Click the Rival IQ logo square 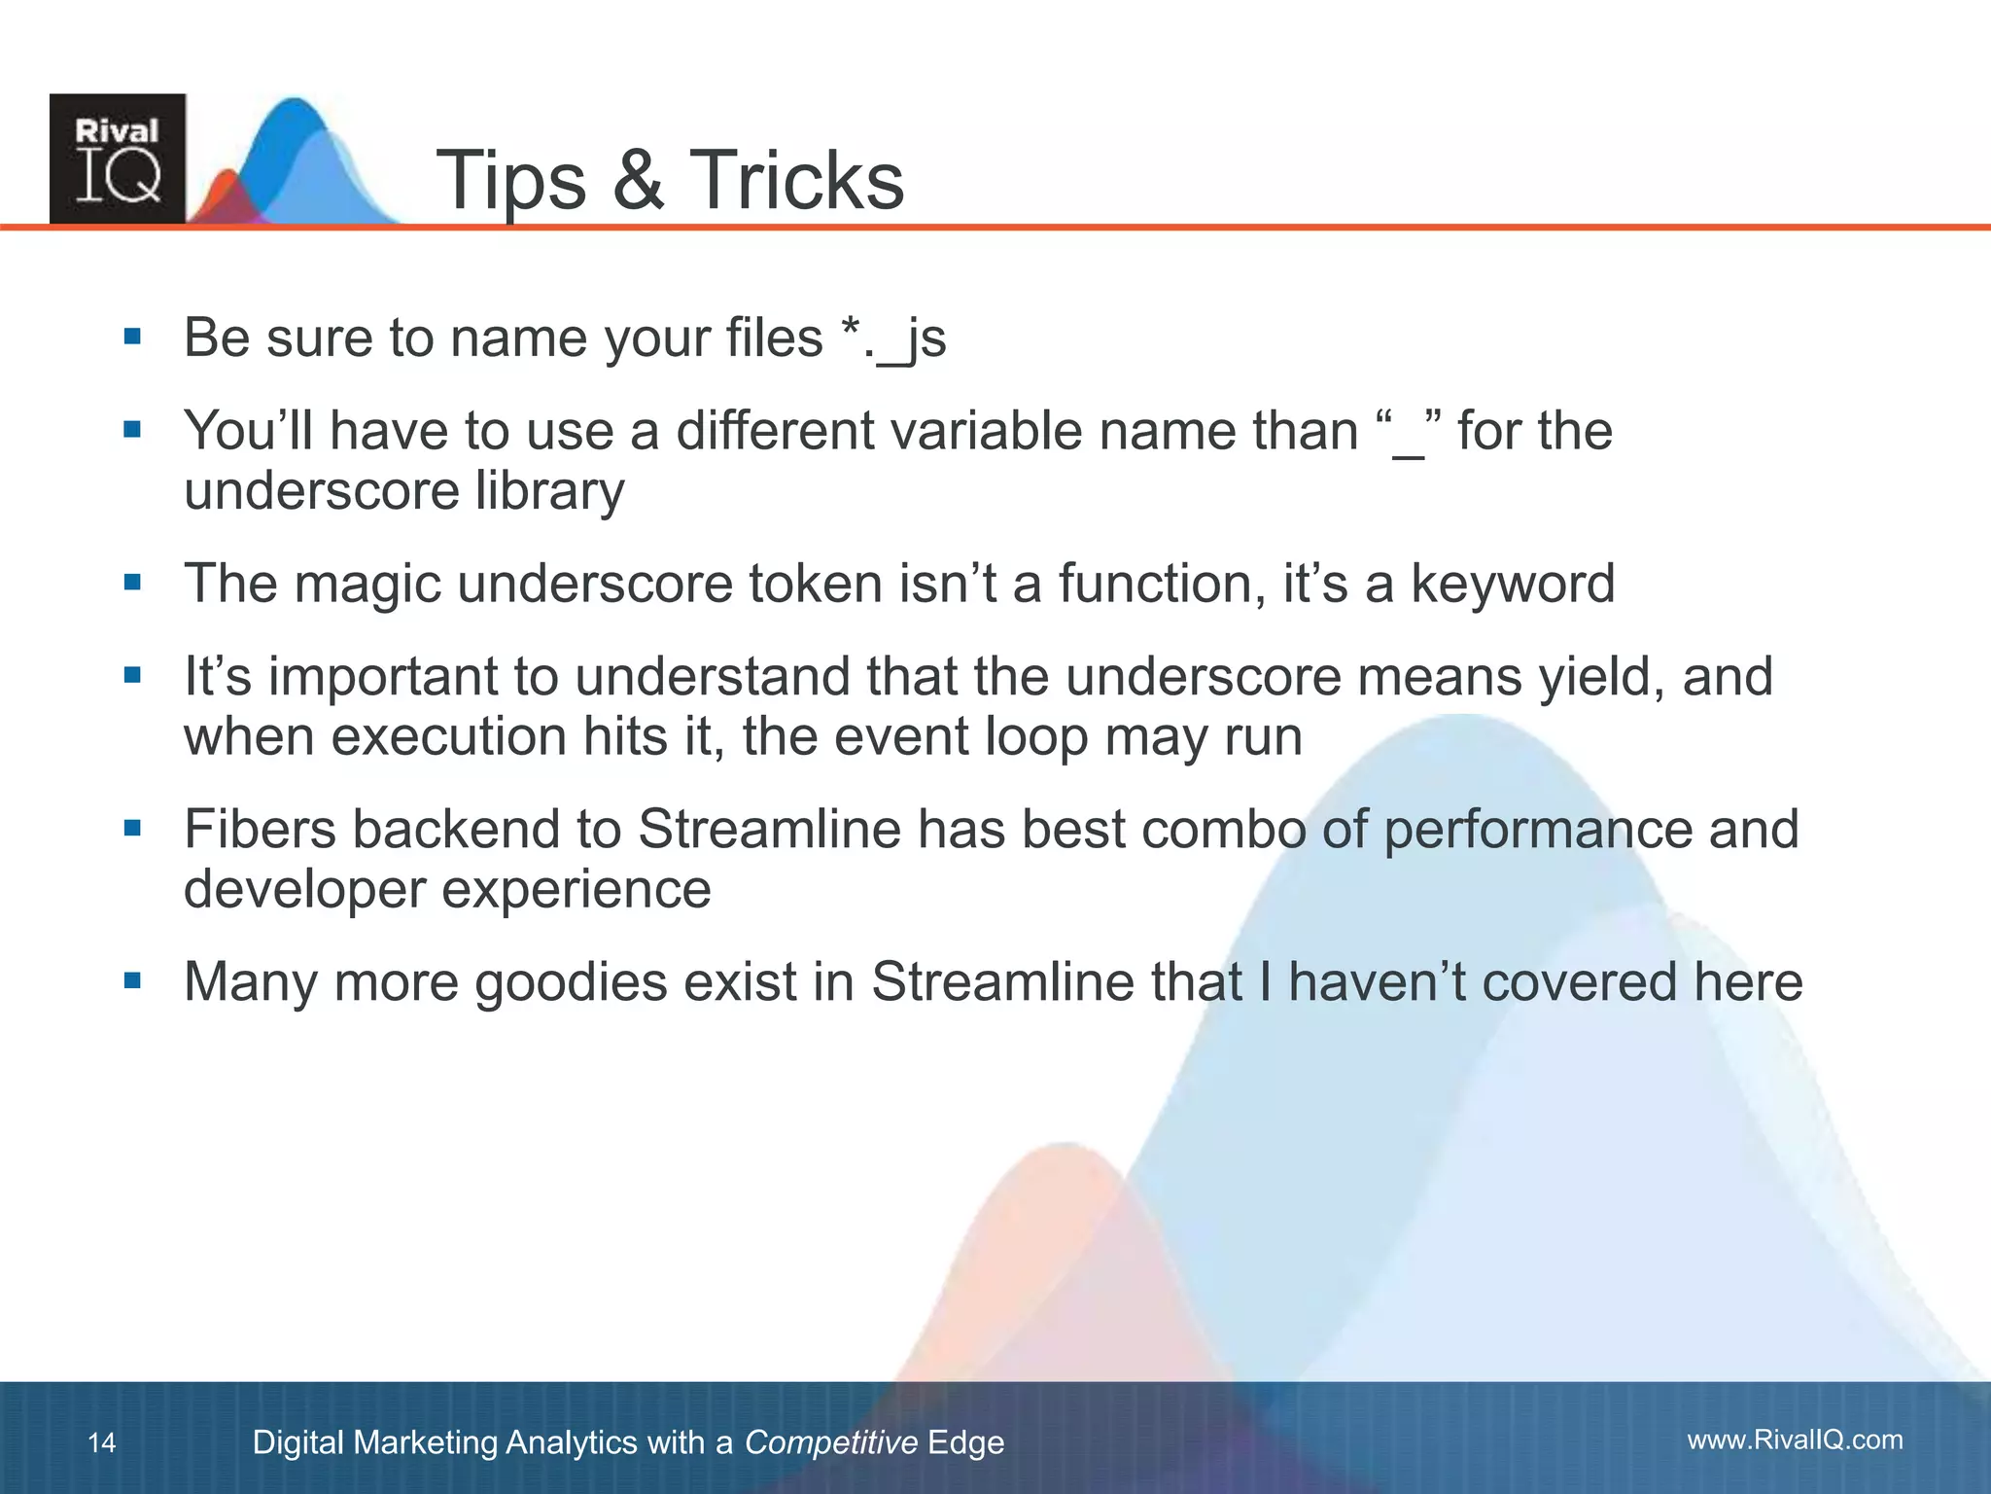point(118,159)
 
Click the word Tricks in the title point(797,181)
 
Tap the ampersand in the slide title point(639,181)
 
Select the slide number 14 point(101,1442)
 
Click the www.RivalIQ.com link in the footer point(1795,1440)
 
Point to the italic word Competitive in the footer point(830,1442)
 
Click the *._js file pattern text point(893,338)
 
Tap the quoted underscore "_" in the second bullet point(1409,431)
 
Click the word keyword point(1513,584)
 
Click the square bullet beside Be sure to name point(133,338)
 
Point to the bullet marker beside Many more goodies point(133,980)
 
